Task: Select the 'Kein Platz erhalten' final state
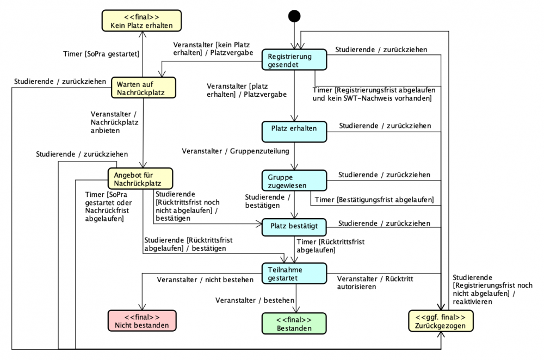point(143,20)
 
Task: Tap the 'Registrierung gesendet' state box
point(294,60)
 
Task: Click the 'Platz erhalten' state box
point(294,129)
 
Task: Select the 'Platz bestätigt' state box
point(294,225)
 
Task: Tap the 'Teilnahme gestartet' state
point(294,274)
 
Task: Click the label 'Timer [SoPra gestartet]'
point(102,54)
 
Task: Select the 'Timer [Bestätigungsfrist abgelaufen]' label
point(374,200)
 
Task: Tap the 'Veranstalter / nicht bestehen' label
point(205,280)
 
